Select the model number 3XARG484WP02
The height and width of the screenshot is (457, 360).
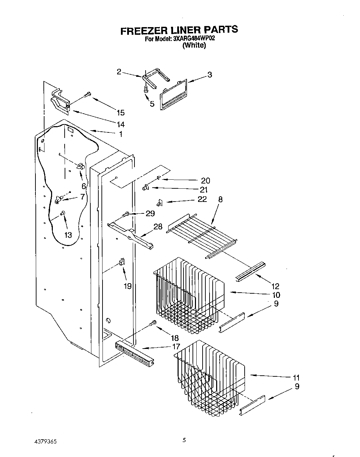(192, 39)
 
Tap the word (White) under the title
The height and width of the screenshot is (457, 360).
(194, 46)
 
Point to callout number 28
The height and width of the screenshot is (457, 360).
(158, 227)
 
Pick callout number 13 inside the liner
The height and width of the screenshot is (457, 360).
(68, 235)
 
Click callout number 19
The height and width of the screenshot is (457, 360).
(128, 286)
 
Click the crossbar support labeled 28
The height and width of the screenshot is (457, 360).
(130, 234)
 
